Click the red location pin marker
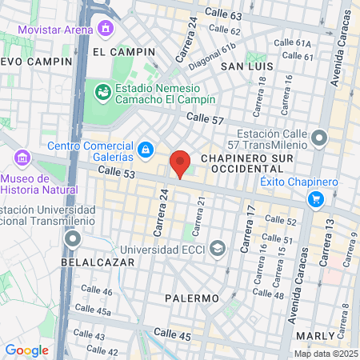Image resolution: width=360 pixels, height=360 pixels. [180, 164]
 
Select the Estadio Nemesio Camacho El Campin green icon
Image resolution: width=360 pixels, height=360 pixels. [102, 92]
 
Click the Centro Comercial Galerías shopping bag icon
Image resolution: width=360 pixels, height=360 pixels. [145, 149]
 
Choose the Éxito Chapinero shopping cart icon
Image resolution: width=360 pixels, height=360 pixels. [317, 199]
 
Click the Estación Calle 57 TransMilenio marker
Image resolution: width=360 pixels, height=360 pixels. [319, 139]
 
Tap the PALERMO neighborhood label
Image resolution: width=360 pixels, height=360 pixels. [192, 298]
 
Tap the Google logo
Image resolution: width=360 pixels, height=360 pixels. [26, 350]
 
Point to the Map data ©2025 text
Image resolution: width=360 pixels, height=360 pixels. [325, 354]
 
